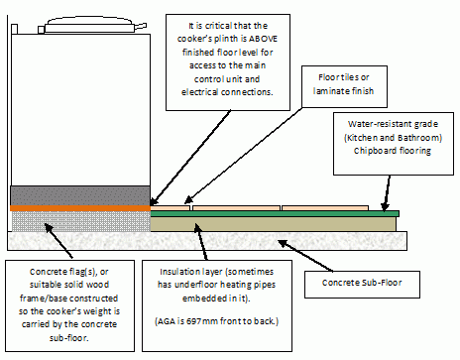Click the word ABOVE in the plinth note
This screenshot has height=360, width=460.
pyautogui.click(x=263, y=39)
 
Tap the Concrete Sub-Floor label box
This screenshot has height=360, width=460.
pyautogui.click(x=362, y=285)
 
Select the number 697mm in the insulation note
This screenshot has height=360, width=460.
pyautogui.click(x=202, y=321)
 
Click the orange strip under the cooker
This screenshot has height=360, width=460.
pyautogui.click(x=80, y=208)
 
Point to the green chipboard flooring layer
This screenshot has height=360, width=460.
pyautogui.click(x=275, y=214)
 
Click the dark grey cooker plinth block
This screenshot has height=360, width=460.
pyautogui.click(x=80, y=195)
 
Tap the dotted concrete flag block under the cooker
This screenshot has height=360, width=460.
pyautogui.click(x=81, y=221)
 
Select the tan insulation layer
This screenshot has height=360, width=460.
pyautogui.click(x=273, y=224)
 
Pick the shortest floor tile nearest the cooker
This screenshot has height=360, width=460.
pyautogui.click(x=171, y=208)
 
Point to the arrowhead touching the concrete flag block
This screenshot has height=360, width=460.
pyautogui.click(x=49, y=228)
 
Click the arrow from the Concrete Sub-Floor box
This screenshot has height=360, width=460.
pyautogui.click(x=305, y=256)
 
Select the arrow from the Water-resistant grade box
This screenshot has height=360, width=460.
pyautogui.click(x=387, y=193)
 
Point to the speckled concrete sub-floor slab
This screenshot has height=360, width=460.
pyautogui.click(x=207, y=241)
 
